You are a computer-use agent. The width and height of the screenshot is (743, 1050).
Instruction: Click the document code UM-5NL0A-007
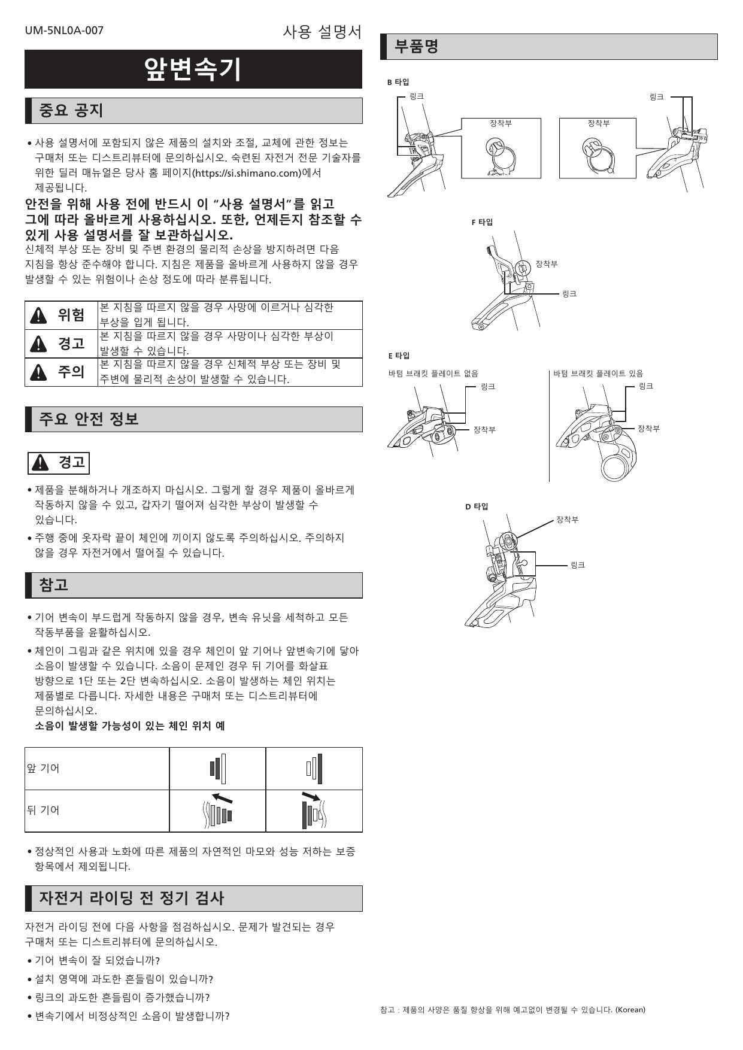coord(64,31)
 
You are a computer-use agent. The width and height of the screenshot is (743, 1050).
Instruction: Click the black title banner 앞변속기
coord(193,69)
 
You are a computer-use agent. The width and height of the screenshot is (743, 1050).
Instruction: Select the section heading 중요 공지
coord(71,111)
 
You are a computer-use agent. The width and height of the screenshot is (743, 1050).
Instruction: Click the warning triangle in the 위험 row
coord(38,315)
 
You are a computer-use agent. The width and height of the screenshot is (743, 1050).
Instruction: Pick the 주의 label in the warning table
coord(71,372)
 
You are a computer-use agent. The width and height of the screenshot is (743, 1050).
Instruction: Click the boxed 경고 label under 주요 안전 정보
coord(59,463)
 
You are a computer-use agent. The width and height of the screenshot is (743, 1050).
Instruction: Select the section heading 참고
coord(53,585)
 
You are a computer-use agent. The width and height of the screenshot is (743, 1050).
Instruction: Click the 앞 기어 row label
coord(43,769)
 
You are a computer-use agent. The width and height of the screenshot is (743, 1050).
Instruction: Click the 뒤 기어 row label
coord(43,811)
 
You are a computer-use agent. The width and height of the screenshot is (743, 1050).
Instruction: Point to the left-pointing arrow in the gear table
coord(222,798)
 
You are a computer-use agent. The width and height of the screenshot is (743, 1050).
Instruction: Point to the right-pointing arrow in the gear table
coord(311,796)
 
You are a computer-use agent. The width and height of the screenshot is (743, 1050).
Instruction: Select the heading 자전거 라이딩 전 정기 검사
coord(131,899)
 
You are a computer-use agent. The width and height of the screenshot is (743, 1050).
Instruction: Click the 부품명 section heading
coord(417,47)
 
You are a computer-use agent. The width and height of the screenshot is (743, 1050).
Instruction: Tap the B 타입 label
coord(398,83)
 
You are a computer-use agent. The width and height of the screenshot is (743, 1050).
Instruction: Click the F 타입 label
coord(482,223)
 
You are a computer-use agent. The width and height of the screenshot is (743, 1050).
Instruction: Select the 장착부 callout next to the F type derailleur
coord(546,264)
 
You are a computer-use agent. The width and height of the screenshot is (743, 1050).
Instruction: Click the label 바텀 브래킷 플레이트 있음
coord(598,374)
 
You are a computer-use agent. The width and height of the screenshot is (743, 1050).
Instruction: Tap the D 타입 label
coord(477,506)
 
